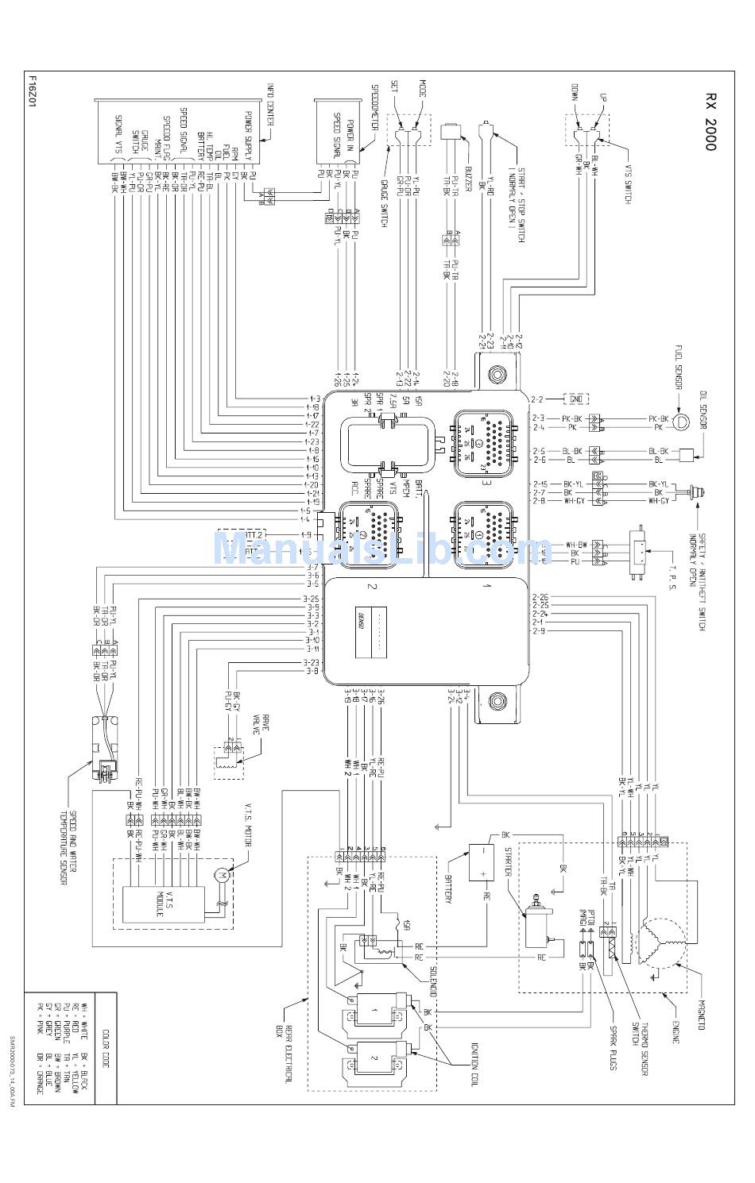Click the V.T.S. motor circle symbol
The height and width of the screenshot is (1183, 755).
click(x=221, y=874)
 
